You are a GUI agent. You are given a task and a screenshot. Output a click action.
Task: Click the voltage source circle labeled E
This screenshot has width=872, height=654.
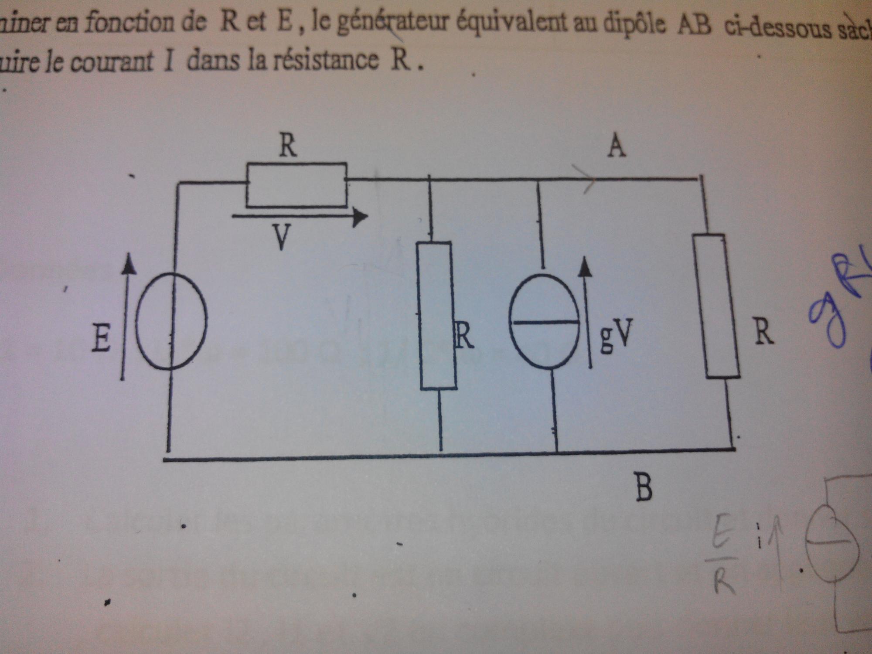click(x=171, y=321)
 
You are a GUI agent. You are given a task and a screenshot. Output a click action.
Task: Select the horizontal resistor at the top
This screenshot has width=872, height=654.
click(x=296, y=185)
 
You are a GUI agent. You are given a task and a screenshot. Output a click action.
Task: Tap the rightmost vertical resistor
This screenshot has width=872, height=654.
click(x=717, y=306)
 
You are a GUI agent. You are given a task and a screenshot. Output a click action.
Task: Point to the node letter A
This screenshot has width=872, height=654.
click(x=617, y=146)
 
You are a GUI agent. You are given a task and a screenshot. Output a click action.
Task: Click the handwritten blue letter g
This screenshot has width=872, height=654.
click(x=826, y=318)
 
